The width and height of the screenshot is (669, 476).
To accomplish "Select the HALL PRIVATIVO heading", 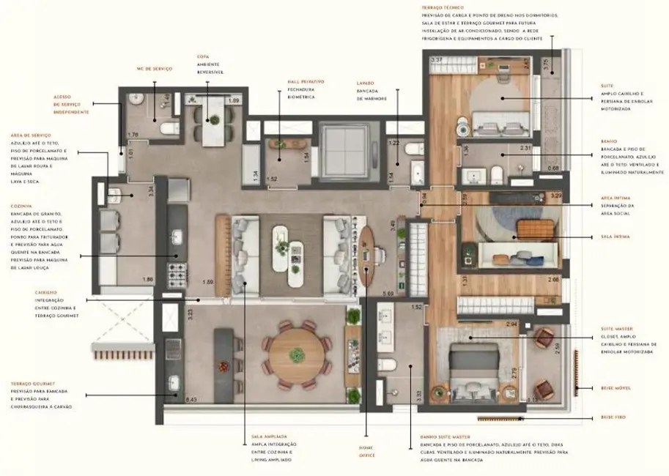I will pos(306,82).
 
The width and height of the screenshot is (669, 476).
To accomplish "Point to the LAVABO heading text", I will pos(366,83).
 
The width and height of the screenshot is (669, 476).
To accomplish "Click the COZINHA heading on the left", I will pos(21,206).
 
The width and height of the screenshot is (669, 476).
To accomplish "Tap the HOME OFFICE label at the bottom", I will pos(366,450).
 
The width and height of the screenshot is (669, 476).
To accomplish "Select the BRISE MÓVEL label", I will pos(615,387).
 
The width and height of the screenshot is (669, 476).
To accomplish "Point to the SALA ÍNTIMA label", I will pos(615,237).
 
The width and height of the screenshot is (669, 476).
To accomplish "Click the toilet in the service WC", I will pos(167,129).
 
